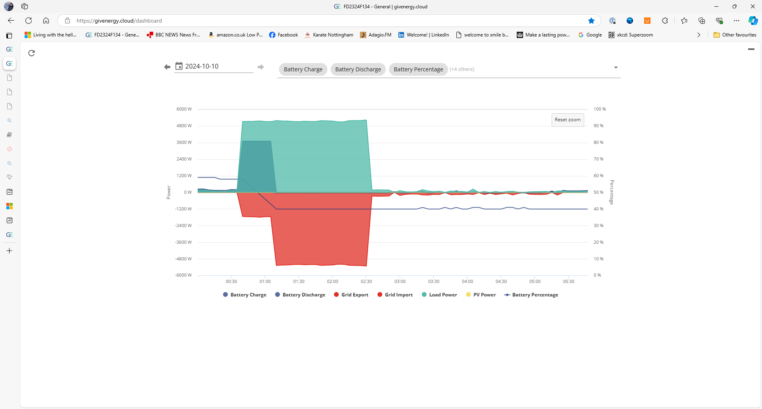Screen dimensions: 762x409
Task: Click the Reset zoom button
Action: pos(568,120)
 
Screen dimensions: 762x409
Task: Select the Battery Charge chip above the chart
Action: pos(303,69)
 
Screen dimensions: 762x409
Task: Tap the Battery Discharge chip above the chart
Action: pos(358,69)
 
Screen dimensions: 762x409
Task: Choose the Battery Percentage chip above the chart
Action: pos(418,69)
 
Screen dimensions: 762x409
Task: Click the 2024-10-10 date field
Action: pos(214,67)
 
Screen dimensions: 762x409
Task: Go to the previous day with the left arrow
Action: pos(167,67)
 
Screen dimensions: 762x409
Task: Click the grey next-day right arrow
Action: pos(261,67)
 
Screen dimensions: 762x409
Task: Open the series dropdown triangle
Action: pos(616,67)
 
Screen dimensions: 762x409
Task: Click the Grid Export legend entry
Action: pos(351,295)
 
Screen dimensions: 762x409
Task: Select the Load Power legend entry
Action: pos(439,295)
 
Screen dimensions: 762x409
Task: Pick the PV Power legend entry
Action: pos(481,295)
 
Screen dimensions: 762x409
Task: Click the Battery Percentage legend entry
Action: pos(531,295)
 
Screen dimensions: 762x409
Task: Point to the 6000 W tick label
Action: pos(184,109)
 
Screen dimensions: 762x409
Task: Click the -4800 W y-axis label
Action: pos(183,259)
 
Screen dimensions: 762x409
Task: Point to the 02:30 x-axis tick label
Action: pos(366,281)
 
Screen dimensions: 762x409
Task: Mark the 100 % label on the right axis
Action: pos(600,109)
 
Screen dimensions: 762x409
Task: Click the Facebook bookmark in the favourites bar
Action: pos(283,35)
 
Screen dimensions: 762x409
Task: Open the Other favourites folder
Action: pos(735,35)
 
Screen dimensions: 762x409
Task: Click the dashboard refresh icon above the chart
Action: pos(32,53)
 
